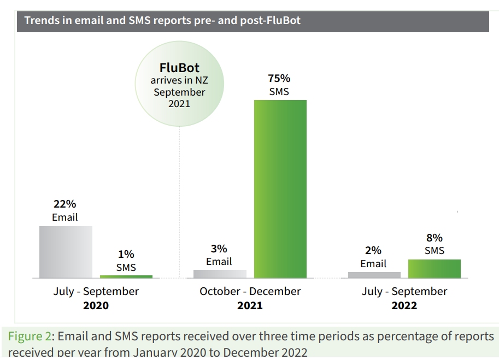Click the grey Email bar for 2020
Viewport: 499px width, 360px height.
[x=66, y=252]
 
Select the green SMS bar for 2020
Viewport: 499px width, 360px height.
[x=126, y=276]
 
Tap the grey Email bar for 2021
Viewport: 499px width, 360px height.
[x=220, y=274]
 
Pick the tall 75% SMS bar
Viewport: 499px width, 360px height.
[x=280, y=188]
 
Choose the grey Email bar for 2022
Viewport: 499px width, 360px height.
[x=374, y=275]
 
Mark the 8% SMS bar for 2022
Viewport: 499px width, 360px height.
[x=435, y=268]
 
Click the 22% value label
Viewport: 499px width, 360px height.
[x=64, y=204]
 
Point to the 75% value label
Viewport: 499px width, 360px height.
[x=279, y=78]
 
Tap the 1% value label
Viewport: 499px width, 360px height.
[x=126, y=254]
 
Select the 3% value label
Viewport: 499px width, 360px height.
[x=219, y=248]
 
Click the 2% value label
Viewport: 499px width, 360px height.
[x=373, y=250]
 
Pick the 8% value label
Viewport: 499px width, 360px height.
[x=434, y=238]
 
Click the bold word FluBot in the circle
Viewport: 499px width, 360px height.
[x=179, y=68]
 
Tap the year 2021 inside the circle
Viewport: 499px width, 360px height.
[x=179, y=103]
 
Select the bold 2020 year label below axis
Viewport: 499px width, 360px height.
[x=96, y=305]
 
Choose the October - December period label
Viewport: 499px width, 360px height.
[x=250, y=291]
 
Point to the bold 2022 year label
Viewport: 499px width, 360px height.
[x=404, y=305]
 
